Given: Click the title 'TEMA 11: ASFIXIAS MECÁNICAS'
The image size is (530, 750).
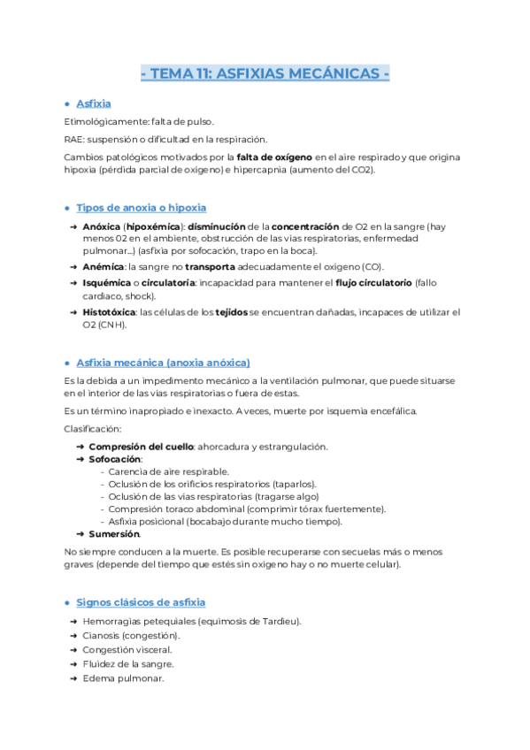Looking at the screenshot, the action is [x=265, y=73].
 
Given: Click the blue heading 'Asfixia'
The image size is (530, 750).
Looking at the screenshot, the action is [x=94, y=103].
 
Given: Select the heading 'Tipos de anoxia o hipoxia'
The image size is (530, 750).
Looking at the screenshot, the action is [x=141, y=208].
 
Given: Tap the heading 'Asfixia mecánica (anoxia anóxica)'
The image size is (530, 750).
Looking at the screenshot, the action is [x=163, y=363].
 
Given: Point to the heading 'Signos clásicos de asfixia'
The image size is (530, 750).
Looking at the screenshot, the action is [x=141, y=602].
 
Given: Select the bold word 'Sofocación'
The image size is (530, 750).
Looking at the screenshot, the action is [x=115, y=459].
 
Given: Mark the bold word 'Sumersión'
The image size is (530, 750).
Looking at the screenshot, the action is [x=114, y=534].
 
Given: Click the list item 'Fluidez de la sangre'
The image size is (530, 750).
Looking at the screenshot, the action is [x=128, y=664].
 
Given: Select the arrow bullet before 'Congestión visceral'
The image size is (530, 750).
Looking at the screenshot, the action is [x=73, y=650].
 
